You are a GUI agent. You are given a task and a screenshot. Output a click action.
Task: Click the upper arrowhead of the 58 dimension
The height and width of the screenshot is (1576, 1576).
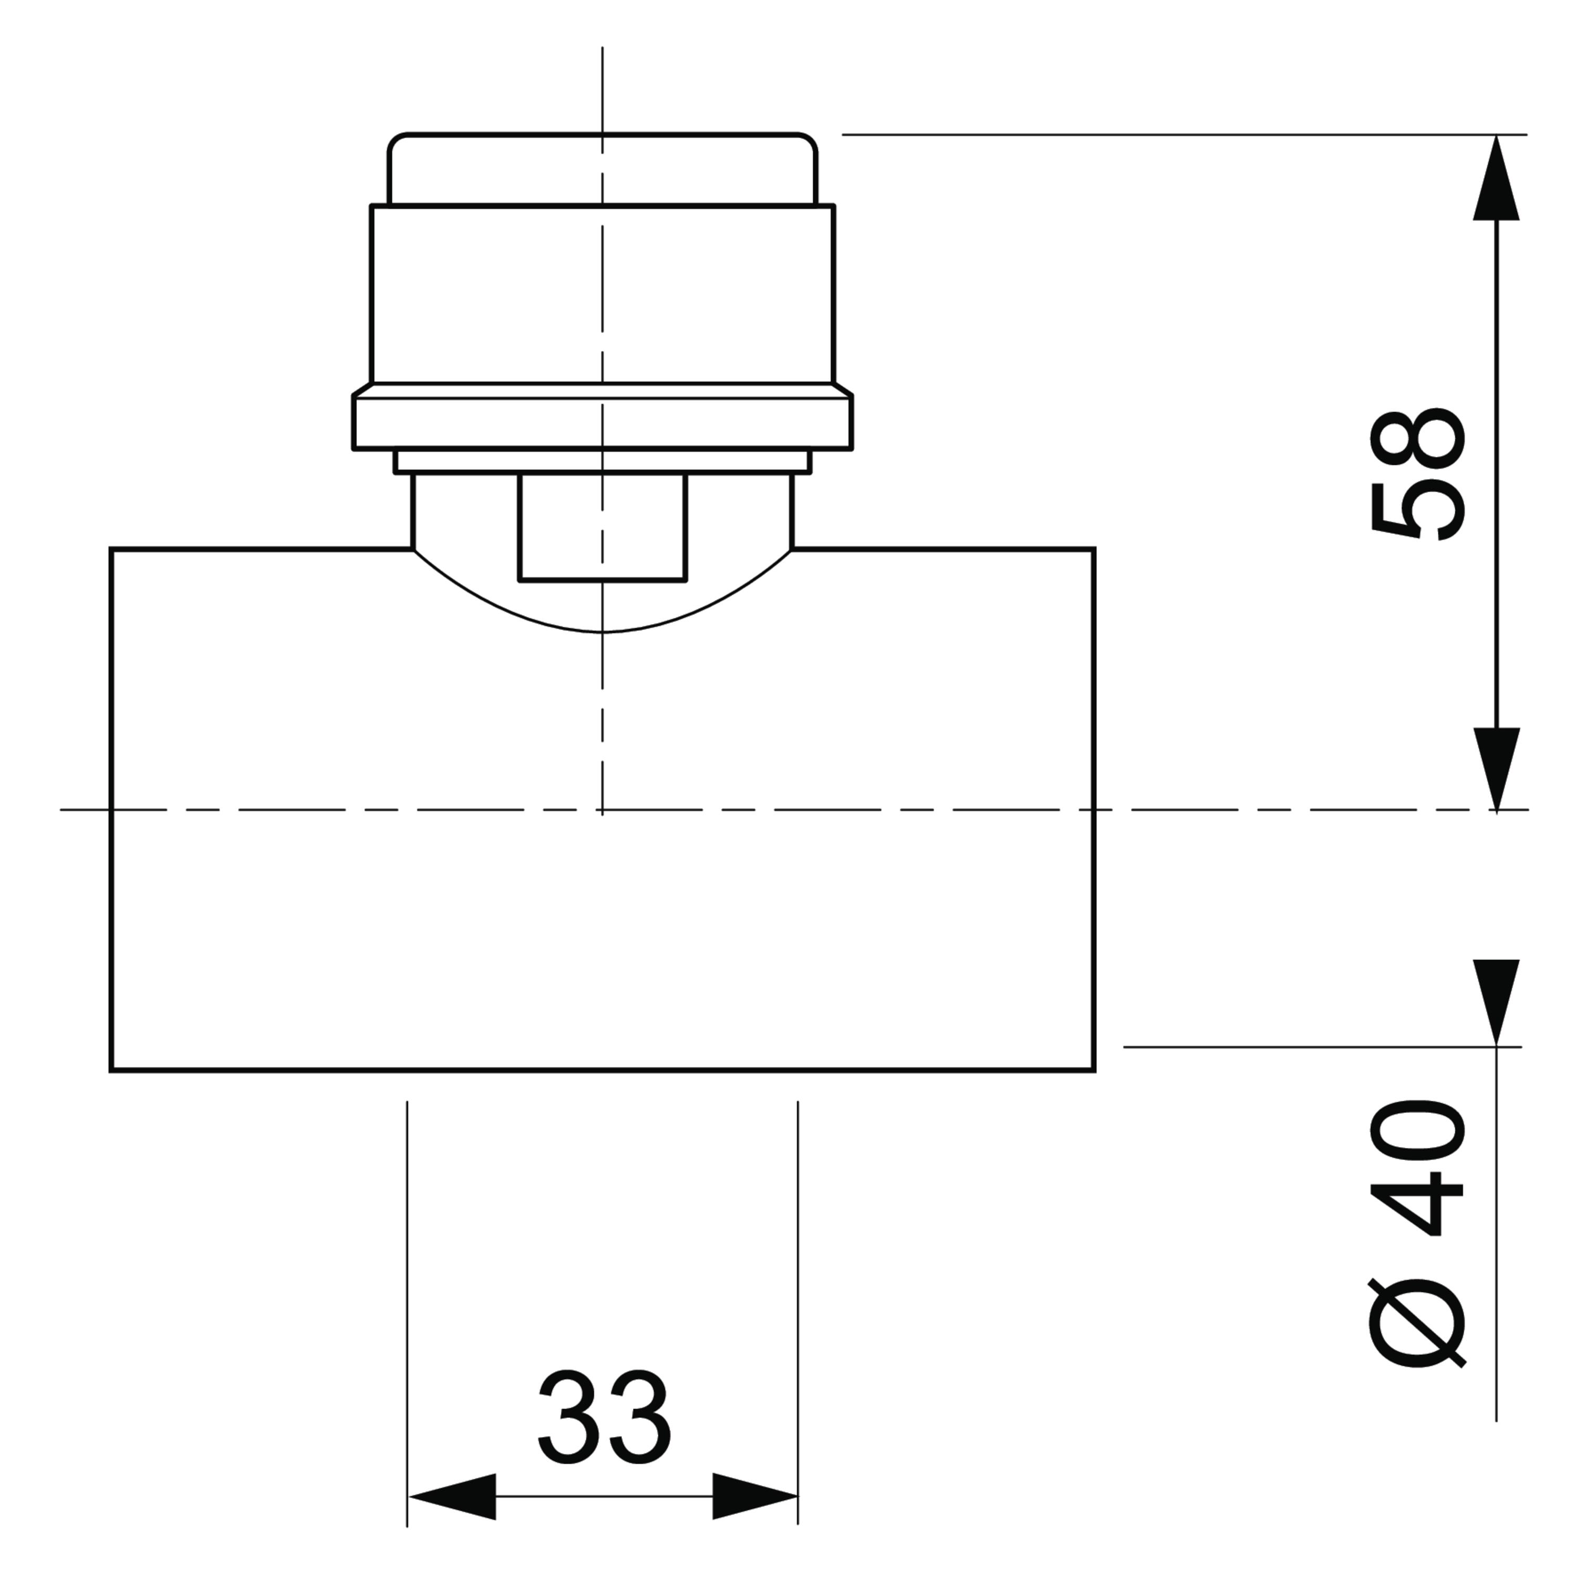point(1496,178)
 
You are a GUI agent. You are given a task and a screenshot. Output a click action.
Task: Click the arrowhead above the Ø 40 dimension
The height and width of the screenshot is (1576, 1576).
point(1496,1002)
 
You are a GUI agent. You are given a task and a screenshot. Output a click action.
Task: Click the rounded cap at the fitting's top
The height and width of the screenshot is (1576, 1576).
point(603,168)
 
